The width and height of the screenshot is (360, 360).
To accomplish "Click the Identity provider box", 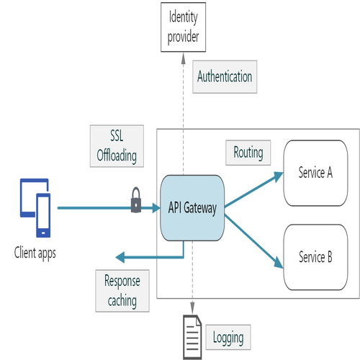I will click(182, 27).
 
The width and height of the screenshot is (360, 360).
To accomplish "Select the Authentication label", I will click(225, 76).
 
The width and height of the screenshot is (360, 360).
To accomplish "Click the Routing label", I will click(248, 153).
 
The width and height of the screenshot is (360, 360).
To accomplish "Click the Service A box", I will click(315, 173).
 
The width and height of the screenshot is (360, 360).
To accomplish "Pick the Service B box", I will click(315, 258).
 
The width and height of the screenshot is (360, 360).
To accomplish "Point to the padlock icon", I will click(136, 201).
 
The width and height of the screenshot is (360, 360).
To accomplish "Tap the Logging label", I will click(228, 336).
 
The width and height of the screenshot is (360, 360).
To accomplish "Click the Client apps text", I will click(35, 252).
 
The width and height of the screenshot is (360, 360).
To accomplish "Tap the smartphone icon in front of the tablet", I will click(43, 215).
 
